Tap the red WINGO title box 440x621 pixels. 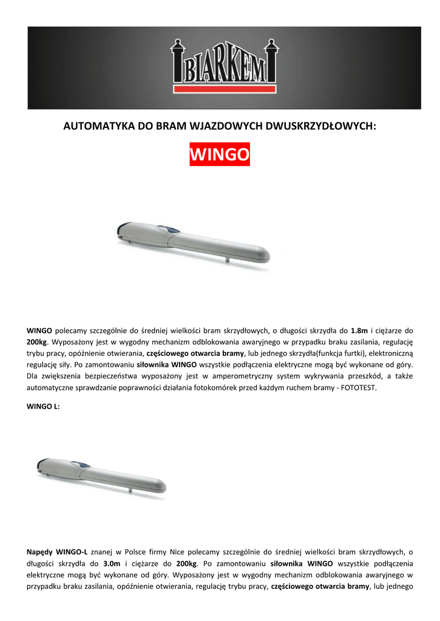click(x=220, y=155)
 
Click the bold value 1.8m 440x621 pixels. click(x=359, y=331)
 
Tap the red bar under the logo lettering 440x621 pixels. click(x=224, y=90)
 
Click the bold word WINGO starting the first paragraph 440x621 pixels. click(x=39, y=331)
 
